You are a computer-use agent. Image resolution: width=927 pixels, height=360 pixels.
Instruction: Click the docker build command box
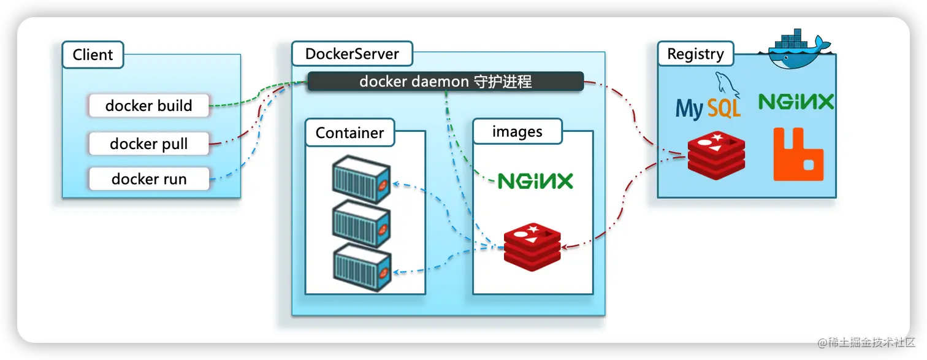click(149, 105)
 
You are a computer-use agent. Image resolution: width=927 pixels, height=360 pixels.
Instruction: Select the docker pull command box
click(149, 144)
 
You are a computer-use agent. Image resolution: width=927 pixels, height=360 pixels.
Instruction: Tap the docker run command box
click(149, 179)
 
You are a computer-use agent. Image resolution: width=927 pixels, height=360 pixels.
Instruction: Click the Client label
click(93, 55)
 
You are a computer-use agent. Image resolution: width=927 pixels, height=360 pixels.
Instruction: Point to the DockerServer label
click(352, 54)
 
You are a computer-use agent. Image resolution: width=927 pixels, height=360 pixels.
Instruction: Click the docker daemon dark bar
click(445, 82)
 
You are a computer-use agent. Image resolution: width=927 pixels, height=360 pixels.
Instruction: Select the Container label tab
click(349, 132)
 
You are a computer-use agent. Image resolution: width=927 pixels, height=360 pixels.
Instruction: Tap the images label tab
click(517, 132)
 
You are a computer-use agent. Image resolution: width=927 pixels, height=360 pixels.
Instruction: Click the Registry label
click(695, 54)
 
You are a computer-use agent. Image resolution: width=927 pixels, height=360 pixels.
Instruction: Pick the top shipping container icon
click(361, 182)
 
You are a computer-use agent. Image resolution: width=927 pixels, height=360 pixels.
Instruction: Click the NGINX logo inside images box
click(535, 181)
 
